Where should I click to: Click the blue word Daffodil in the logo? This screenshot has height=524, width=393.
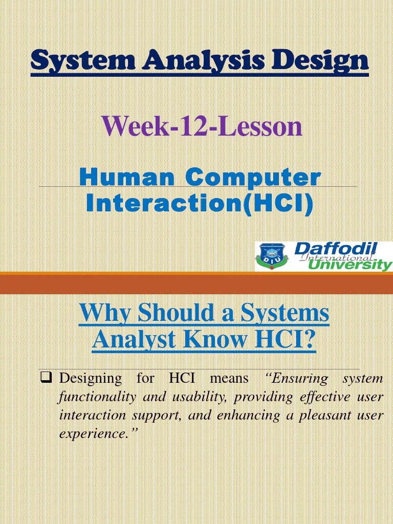click(336, 249)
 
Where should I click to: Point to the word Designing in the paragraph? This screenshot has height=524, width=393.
click(91, 379)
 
